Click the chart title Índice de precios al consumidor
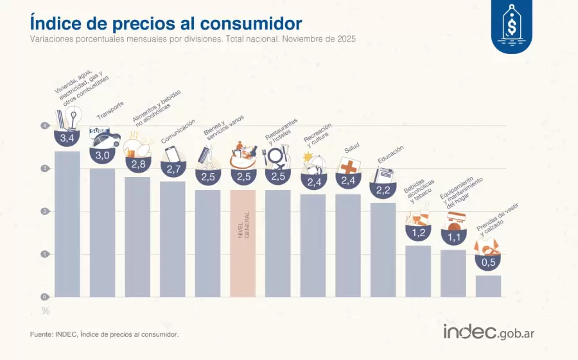click(x=166, y=23)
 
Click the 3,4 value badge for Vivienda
click(x=67, y=138)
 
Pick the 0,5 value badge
click(x=488, y=262)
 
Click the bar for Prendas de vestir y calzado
click(x=488, y=286)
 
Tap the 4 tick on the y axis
click(x=45, y=126)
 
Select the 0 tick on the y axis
click(x=45, y=296)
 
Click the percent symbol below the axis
click(x=46, y=311)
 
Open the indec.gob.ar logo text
click(x=489, y=332)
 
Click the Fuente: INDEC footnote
click(x=104, y=334)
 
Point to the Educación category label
click(x=390, y=155)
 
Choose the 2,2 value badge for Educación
click(x=383, y=189)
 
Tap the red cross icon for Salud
click(x=348, y=166)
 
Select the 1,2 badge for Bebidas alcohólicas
click(x=418, y=232)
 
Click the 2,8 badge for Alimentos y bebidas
click(x=137, y=164)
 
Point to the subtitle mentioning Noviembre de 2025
click(x=193, y=39)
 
